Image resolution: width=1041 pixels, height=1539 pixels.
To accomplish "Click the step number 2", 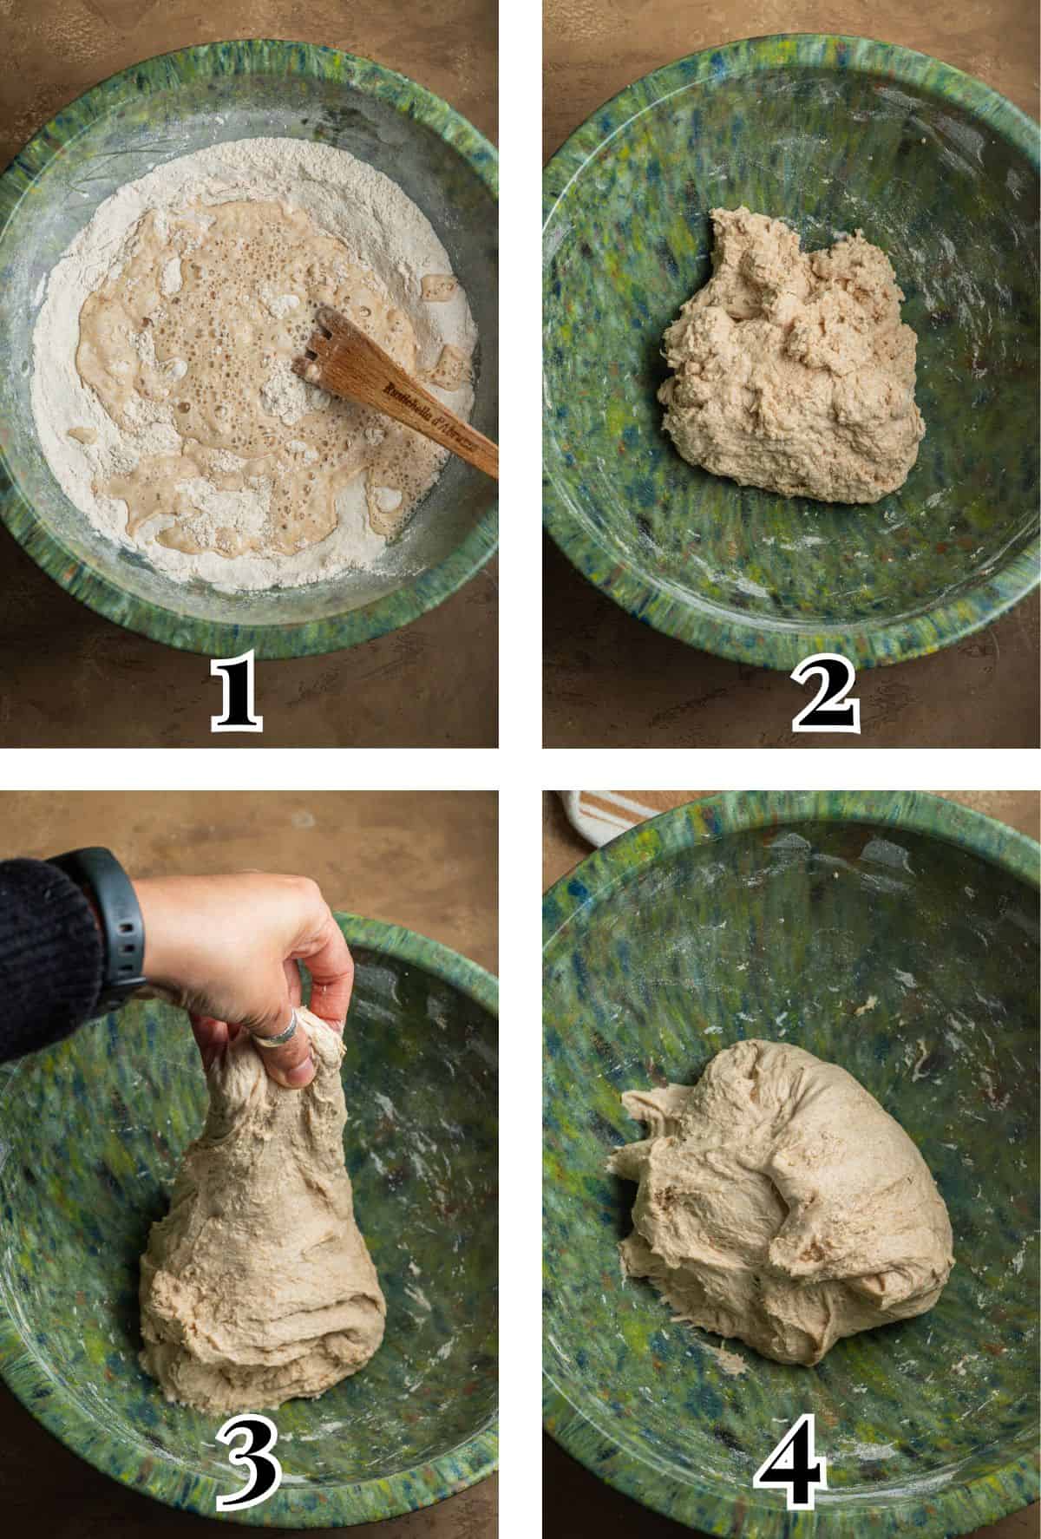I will pyautogui.click(x=824, y=694).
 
